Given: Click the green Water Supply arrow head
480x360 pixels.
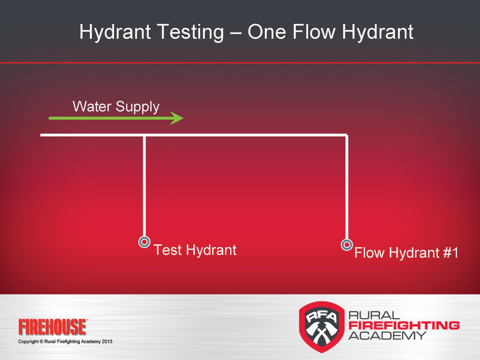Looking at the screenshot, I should pyautogui.click(x=177, y=118).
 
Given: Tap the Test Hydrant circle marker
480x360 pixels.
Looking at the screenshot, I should pyautogui.click(x=144, y=242).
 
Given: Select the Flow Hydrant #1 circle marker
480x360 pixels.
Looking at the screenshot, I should pyautogui.click(x=347, y=244).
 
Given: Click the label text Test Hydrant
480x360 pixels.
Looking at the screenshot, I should pyautogui.click(x=195, y=250).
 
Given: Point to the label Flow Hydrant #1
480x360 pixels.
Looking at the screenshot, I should pyautogui.click(x=405, y=254).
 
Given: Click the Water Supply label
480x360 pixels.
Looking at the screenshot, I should pyautogui.click(x=116, y=106).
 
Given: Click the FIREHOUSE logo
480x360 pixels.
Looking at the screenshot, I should pyautogui.click(x=52, y=327).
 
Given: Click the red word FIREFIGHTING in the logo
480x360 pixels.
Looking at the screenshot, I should pyautogui.click(x=404, y=325).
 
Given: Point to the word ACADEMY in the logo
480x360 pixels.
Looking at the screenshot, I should pyautogui.click(x=387, y=335).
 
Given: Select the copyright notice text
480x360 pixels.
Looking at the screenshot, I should pyautogui.click(x=65, y=341).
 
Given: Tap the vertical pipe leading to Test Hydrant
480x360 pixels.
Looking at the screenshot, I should pyautogui.click(x=144, y=187).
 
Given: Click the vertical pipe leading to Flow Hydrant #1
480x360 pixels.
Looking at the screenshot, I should pyautogui.click(x=347, y=187).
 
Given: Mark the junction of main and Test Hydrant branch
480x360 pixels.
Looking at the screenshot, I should pyautogui.click(x=144, y=135).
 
